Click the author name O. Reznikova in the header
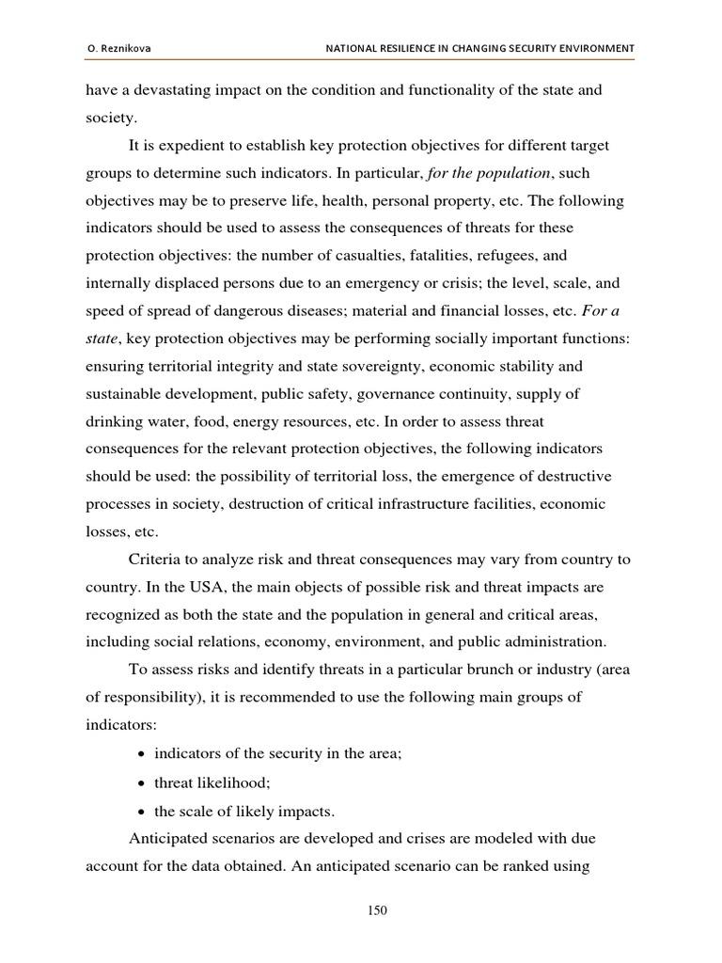point(118,48)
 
